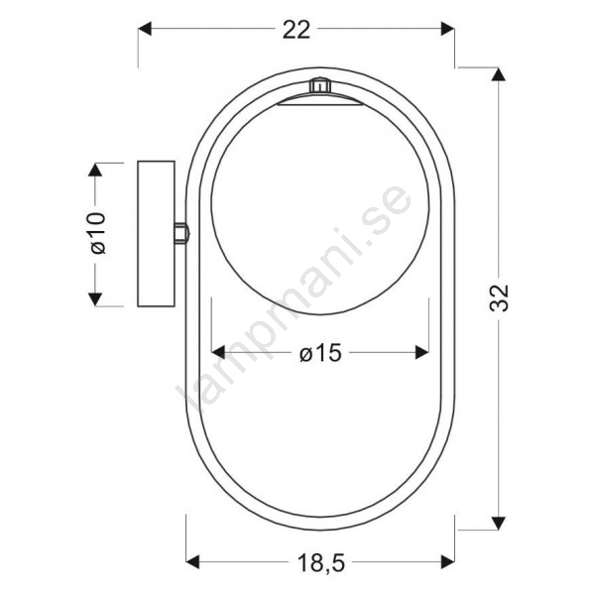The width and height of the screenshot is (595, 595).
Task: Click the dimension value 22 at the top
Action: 297,30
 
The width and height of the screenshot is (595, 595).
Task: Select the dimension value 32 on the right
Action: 499,297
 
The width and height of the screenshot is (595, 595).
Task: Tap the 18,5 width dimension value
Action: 321,562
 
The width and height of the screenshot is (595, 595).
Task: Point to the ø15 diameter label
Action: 320,353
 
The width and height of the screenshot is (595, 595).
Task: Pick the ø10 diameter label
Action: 97,233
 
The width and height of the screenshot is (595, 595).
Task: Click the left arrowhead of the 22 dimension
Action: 145,29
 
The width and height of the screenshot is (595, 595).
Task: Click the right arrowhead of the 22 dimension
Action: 448,29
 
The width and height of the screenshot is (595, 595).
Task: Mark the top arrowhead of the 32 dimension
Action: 498,74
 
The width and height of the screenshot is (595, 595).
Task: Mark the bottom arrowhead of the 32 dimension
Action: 498,523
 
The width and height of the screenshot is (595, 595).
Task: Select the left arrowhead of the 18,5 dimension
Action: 192,561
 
